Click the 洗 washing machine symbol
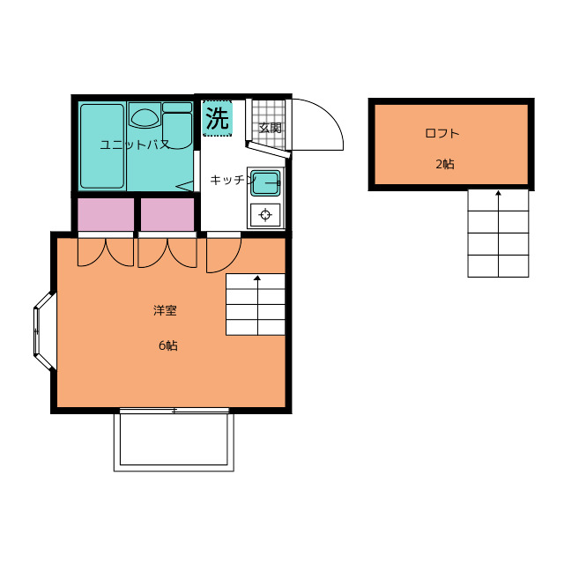218,118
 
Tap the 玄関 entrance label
271,128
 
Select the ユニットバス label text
135,145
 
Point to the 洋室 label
165,310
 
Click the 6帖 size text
168,345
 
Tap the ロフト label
442,133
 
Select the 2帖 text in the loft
445,164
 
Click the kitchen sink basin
265,182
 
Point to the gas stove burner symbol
265,215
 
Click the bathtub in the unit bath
102,146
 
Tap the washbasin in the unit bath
145,117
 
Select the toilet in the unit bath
177,126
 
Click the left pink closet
106,214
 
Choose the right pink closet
167,214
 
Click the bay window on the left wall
45,331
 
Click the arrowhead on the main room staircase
257,278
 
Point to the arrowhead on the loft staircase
498,193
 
